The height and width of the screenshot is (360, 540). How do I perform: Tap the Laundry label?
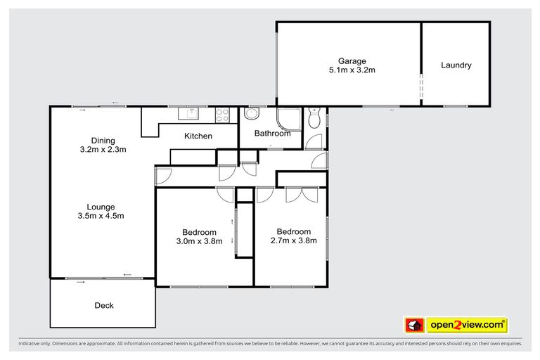click(456, 65)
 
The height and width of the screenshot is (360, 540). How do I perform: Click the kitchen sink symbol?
click(190, 112)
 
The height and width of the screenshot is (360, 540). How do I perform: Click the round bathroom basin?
click(252, 116)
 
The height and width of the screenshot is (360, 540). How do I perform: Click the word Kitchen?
click(198, 136)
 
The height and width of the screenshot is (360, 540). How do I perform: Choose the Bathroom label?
click(272, 134)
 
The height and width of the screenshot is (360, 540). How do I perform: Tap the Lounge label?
click(101, 207)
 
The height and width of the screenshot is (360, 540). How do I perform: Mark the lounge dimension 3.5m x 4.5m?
click(101, 216)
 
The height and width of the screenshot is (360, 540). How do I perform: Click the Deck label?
click(103, 305)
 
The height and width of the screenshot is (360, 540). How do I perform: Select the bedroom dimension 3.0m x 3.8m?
click(199, 241)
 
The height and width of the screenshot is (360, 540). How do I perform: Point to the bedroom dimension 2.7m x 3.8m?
click(293, 240)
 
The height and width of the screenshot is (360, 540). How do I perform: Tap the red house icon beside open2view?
click(413, 325)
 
